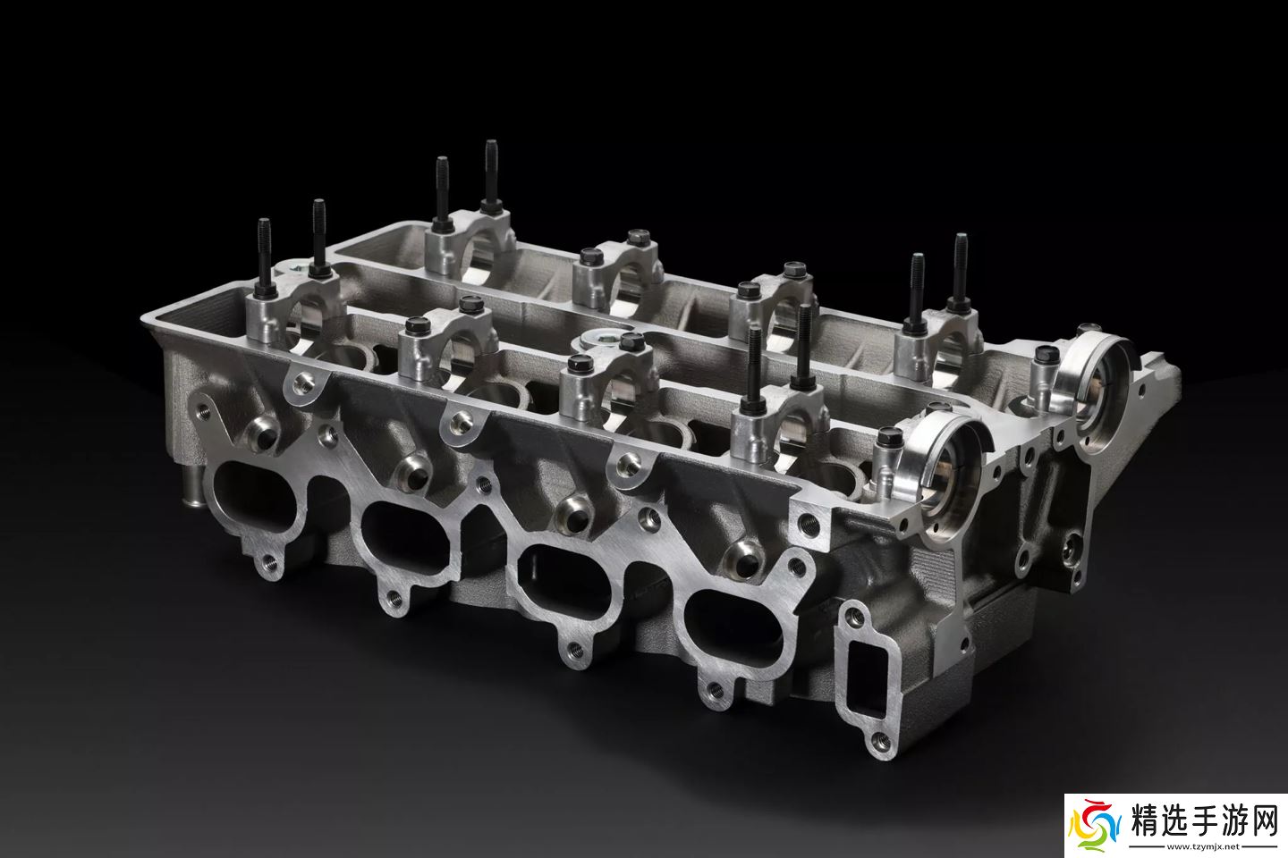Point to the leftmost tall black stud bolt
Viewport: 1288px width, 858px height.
265,257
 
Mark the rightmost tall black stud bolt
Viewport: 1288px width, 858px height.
961,271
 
